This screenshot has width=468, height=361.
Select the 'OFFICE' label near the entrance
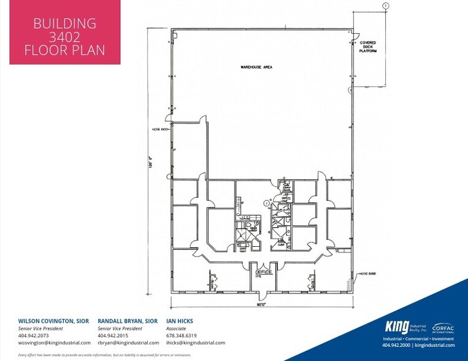point(263,271)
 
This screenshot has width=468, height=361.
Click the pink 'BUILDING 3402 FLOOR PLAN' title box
point(64,33)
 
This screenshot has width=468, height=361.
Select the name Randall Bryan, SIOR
point(128,321)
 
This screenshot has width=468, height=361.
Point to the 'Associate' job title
point(177,328)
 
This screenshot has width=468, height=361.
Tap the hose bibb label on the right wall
point(368,273)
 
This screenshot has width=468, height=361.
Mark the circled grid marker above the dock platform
point(385,6)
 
